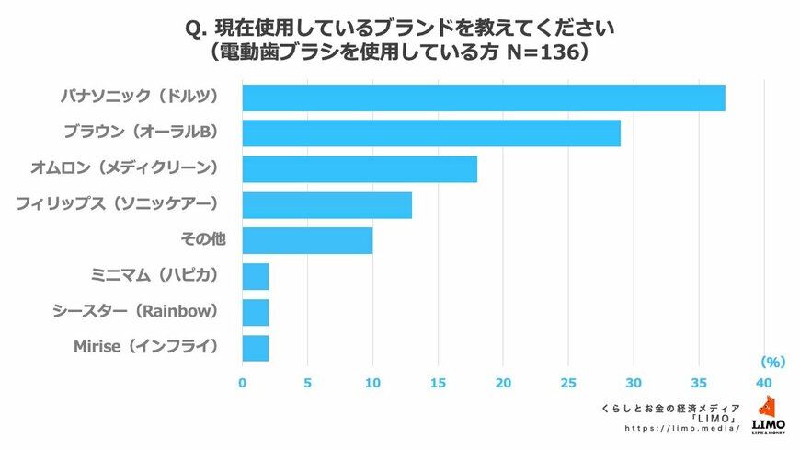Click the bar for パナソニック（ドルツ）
484,98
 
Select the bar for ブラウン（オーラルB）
431,133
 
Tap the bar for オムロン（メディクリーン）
360,169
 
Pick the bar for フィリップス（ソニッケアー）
327,205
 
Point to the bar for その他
307,241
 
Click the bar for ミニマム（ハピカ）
256,276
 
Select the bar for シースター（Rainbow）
256,312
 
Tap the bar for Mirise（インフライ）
256,348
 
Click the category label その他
202,241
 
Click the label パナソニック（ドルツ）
139,98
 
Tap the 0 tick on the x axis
243,382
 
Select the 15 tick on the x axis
438,382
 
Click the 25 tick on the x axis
568,382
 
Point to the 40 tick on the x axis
763,382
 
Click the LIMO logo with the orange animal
768,414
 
